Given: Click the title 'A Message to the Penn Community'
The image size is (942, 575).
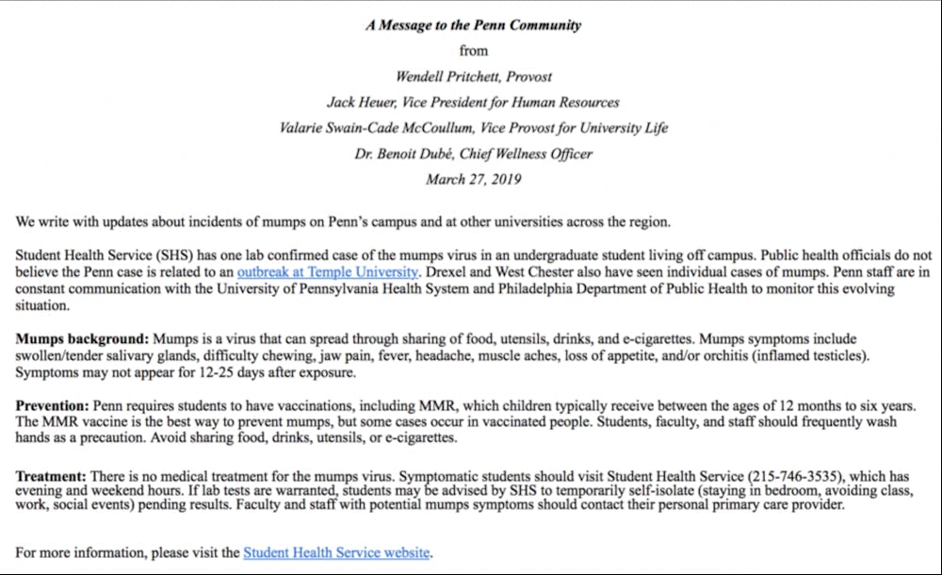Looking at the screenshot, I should (x=474, y=25).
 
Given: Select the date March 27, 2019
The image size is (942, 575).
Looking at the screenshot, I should (x=473, y=178).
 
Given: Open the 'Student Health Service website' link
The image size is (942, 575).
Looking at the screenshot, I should (x=336, y=552).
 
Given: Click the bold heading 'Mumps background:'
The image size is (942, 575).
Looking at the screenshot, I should (x=82, y=337).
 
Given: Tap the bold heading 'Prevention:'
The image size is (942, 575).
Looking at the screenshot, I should (x=52, y=405).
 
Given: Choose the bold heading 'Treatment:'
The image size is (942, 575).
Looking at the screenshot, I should (x=52, y=476).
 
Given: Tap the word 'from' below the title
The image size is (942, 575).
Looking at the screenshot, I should (x=473, y=51).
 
